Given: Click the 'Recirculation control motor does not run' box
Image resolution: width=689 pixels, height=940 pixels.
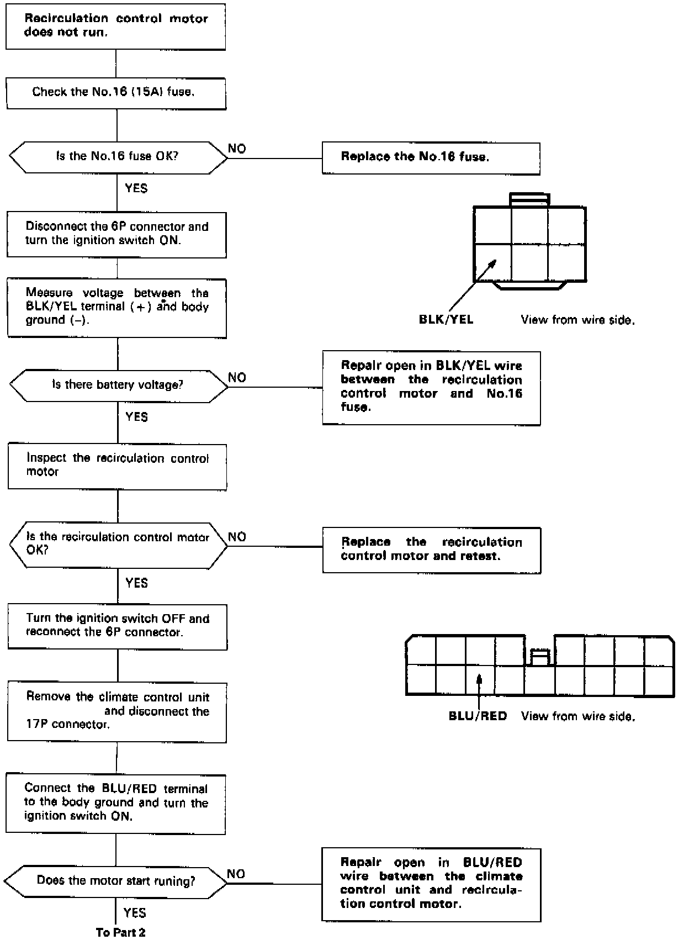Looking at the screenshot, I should (x=115, y=26).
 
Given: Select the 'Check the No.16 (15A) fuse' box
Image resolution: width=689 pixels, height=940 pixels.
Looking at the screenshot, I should (x=116, y=93).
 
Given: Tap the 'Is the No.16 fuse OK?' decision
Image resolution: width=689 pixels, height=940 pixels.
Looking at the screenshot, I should (x=118, y=156).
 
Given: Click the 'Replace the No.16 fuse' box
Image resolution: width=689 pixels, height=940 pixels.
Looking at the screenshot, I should (x=431, y=158).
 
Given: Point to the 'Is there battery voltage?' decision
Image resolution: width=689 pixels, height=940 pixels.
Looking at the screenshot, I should (x=118, y=385).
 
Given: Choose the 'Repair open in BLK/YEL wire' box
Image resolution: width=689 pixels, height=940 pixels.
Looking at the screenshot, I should (x=431, y=388).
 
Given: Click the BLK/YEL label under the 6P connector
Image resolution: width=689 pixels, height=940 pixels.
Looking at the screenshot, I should (x=446, y=319).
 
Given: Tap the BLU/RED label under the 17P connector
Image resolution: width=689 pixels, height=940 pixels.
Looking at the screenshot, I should (x=478, y=716).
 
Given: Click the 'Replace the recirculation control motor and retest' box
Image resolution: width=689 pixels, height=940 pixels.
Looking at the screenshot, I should (x=431, y=550).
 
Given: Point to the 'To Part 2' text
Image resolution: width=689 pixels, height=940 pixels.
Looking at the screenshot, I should (x=121, y=932).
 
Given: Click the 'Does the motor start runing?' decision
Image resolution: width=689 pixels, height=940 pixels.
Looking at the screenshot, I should (x=116, y=880).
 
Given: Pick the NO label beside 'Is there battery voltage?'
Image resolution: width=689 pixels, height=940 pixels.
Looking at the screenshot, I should (x=237, y=378).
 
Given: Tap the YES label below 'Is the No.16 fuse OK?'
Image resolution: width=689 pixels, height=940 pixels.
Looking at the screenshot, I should (x=136, y=188).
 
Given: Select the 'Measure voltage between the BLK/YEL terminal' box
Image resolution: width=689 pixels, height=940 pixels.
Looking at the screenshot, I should (x=117, y=308).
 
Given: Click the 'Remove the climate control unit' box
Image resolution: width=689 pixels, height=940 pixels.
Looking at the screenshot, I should (x=117, y=711).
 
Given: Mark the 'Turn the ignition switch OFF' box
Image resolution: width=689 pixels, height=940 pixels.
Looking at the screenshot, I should (x=117, y=626).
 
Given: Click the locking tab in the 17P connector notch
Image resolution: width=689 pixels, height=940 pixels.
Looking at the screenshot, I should (x=539, y=657).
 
